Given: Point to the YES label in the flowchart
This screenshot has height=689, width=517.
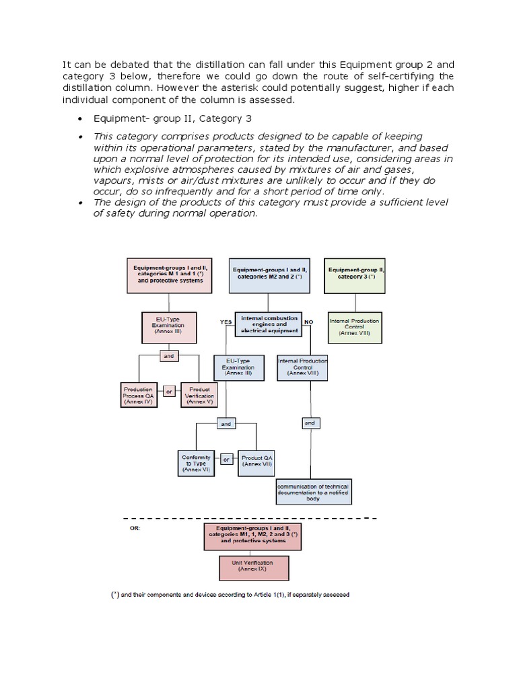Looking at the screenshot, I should click(x=226, y=322).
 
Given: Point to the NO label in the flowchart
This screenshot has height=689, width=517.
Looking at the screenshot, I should click(x=309, y=322).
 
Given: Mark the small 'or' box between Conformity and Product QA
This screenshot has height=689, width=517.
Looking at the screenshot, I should click(x=226, y=460).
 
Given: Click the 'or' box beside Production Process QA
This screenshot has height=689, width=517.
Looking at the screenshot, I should click(x=169, y=390).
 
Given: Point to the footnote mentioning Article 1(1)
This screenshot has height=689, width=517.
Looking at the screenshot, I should click(x=230, y=594).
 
